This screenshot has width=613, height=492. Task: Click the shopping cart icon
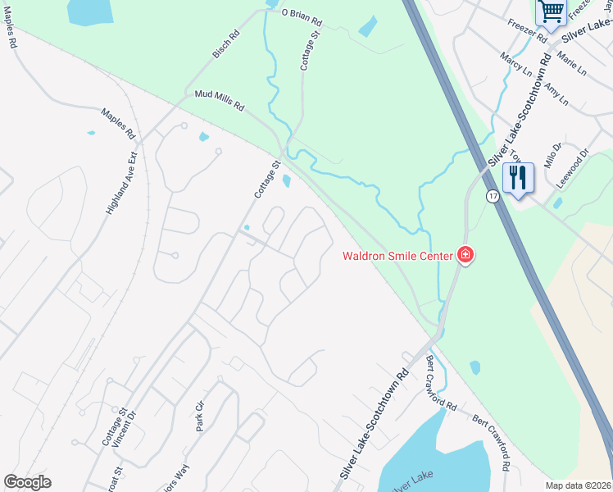(x=551, y=11)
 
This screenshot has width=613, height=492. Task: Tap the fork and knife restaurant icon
(x=518, y=177)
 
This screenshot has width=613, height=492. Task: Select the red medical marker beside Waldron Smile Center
(x=465, y=255)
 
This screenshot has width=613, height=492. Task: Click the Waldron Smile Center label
(x=397, y=256)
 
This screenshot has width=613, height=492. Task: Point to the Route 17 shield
(x=492, y=196)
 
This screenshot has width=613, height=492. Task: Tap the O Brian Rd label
(x=302, y=14)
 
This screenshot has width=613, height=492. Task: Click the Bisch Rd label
(x=224, y=47)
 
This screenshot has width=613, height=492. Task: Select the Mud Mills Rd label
(x=220, y=100)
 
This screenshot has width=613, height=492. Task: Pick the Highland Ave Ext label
(x=120, y=183)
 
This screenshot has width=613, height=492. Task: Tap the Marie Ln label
(x=571, y=63)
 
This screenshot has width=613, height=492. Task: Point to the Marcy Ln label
(x=516, y=64)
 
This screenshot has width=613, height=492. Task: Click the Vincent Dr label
(x=123, y=429)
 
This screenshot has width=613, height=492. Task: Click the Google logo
(x=28, y=482)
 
